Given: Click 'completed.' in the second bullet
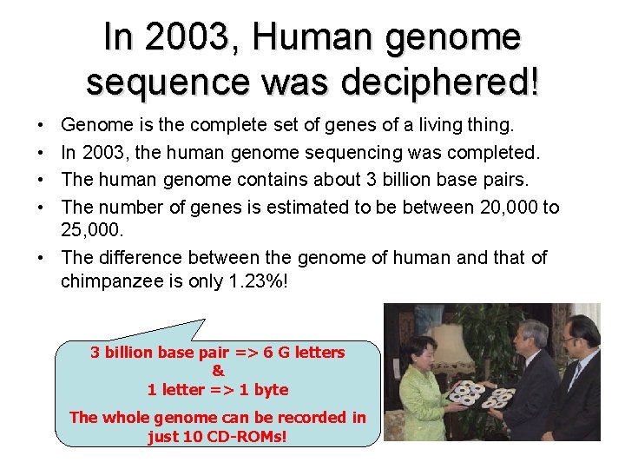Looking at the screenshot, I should click(497, 154).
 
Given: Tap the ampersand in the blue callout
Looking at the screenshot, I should click(217, 371).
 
